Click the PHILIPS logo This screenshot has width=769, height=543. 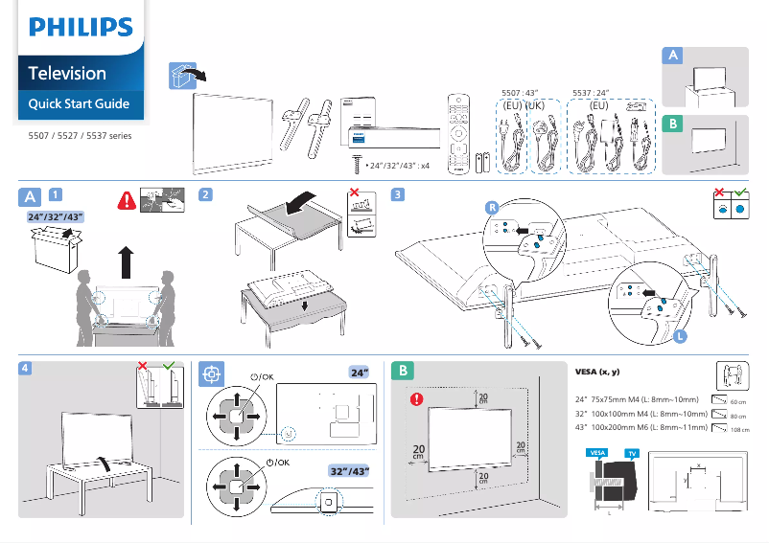coord(81,27)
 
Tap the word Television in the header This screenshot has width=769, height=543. coord(67,74)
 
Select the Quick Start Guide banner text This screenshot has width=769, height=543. coord(79,103)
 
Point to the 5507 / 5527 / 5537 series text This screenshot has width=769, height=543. coord(81,136)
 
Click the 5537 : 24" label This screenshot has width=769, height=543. coord(593,93)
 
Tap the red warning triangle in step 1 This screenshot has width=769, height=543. coord(126,201)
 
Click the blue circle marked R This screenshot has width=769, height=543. coord(491,207)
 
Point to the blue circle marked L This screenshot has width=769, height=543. coord(679,336)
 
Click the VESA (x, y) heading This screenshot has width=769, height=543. coord(597,372)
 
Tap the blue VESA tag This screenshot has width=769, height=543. coord(597,451)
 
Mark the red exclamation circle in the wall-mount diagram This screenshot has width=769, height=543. coord(415,398)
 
